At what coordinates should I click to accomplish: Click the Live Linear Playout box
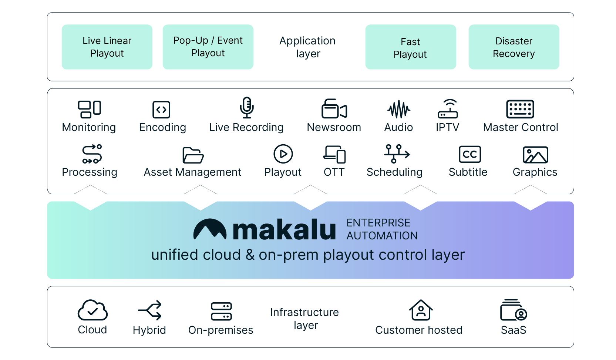[x=107, y=47]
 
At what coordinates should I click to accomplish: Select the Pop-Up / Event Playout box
[x=208, y=47]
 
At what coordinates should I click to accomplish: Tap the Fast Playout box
[x=411, y=47]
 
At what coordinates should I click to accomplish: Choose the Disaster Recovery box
[x=514, y=47]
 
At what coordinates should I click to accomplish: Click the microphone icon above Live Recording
[x=247, y=108]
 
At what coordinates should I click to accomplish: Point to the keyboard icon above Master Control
[x=520, y=109]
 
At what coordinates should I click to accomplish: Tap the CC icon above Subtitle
[x=470, y=154]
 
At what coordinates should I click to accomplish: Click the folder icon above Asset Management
[x=193, y=155]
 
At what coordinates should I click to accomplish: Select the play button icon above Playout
[x=283, y=154]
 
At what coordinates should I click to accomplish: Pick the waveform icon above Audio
[x=399, y=109]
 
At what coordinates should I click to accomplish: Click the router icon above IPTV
[x=448, y=109]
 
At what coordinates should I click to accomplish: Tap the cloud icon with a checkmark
[x=92, y=310]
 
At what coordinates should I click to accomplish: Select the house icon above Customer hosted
[x=421, y=310]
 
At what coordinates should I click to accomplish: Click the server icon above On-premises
[x=221, y=311]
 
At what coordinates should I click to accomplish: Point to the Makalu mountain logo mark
[x=210, y=229]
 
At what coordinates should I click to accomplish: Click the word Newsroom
[x=334, y=127]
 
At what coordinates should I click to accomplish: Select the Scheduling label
[x=394, y=172]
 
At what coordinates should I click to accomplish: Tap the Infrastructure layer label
[x=304, y=319]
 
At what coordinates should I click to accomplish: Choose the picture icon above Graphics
[x=535, y=155]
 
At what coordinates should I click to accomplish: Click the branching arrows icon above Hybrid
[x=150, y=310]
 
